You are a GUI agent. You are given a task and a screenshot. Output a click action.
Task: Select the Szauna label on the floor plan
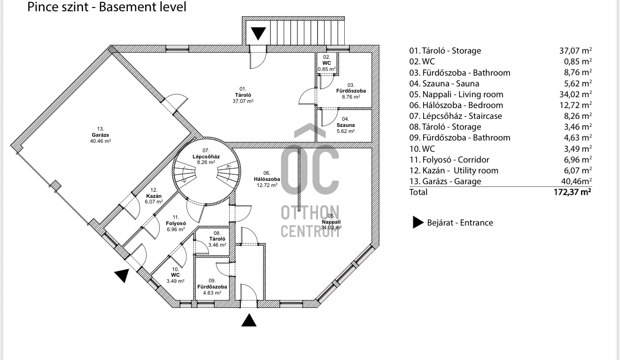tap(345, 125)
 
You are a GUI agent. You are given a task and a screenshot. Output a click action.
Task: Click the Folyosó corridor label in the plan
tap(177, 223)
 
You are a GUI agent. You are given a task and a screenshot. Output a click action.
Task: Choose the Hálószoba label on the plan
tap(269, 179)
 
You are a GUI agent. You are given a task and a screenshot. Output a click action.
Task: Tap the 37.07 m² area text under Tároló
tap(243, 101)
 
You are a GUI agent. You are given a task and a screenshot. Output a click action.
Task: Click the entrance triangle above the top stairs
tap(258, 34)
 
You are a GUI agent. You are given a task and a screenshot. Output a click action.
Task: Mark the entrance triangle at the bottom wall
tap(249, 320)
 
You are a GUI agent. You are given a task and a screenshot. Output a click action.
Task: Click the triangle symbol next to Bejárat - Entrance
tap(418, 223)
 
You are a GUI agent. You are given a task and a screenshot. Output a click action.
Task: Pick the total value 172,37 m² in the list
tap(572, 192)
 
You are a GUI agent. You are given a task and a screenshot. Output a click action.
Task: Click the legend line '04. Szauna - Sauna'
tap(444, 83)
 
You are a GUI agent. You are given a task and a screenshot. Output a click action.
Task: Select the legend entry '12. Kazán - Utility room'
tap(454, 170)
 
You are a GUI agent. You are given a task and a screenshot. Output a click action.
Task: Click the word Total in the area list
tap(418, 192)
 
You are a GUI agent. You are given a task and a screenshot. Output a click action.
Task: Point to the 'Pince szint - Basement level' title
tap(107, 7)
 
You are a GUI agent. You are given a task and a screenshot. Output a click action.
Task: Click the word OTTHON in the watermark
tap(310, 212)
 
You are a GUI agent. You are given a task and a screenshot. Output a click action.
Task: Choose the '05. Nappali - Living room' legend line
tap(456, 94)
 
